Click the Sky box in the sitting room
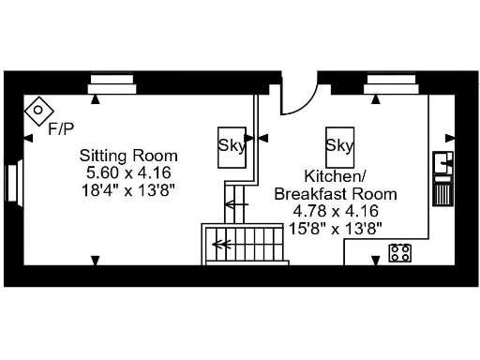[x=232, y=146]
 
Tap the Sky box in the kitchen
[x=339, y=145]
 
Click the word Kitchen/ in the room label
[x=335, y=177]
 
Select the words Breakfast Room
[x=335, y=194]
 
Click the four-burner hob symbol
[x=400, y=251]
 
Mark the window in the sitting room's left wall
[x=12, y=184]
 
